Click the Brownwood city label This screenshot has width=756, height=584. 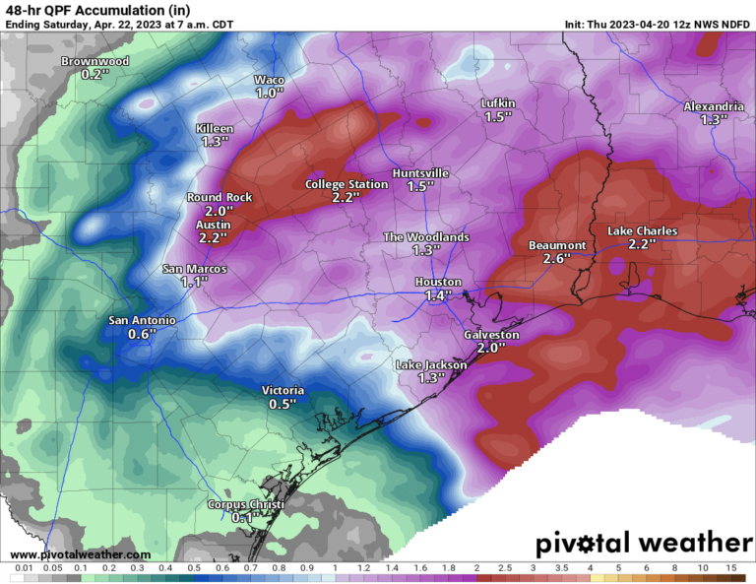point(96,61)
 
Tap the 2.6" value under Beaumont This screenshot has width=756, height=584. point(557,259)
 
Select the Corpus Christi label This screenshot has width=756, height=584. point(245,505)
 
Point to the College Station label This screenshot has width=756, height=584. point(346,184)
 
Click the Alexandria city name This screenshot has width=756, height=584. point(714,106)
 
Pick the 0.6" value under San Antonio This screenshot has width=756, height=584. point(142,334)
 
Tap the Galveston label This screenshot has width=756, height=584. point(490,335)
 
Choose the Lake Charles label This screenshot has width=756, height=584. point(642,231)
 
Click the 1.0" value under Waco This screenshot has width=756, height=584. point(269,93)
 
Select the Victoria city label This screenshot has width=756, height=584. point(283,390)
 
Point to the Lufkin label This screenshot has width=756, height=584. point(498,103)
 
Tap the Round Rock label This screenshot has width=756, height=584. point(220,197)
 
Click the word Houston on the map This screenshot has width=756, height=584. point(438,283)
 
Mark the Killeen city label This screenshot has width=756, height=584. point(215,129)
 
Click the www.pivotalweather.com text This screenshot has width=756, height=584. point(74,554)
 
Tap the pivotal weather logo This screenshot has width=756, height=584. point(644,543)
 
